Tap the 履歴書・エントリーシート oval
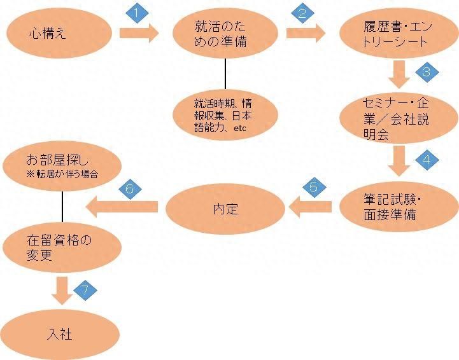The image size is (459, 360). (x=398, y=36)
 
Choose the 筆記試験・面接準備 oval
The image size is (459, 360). (x=399, y=207)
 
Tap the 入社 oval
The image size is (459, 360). (x=61, y=333)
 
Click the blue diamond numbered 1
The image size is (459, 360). (x=134, y=13)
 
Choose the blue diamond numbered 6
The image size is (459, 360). (x=130, y=188)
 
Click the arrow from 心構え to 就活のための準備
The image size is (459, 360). (x=137, y=33)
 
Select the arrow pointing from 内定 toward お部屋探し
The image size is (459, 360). (x=123, y=205)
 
